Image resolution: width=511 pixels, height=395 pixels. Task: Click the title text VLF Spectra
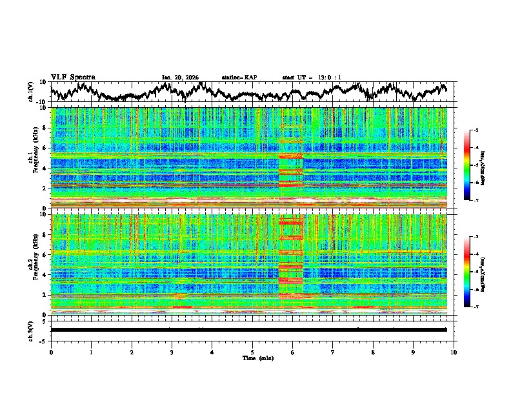coord(73,77)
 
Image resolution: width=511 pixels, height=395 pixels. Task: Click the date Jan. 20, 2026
coord(180,77)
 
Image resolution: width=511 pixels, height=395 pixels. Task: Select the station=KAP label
coord(239,77)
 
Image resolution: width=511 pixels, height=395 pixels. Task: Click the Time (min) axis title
coord(252,358)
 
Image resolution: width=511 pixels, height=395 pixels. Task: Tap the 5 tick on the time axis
coord(252,352)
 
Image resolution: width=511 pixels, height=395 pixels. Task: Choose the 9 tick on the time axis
coord(414,352)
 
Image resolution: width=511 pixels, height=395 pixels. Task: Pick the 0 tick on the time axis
coord(51,352)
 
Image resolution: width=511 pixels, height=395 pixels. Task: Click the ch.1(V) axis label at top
coord(32,92)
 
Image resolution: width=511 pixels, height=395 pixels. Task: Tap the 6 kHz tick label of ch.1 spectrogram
coord(44,148)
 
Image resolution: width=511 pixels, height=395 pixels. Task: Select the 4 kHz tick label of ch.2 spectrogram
coord(44,275)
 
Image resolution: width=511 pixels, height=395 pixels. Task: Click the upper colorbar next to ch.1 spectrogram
coord(467,165)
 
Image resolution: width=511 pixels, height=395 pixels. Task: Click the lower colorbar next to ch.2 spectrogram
coord(467,272)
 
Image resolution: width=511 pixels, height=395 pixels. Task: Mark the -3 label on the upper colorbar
coord(476,131)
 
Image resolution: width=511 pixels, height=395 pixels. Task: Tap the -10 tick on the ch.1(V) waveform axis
coord(41,101)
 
